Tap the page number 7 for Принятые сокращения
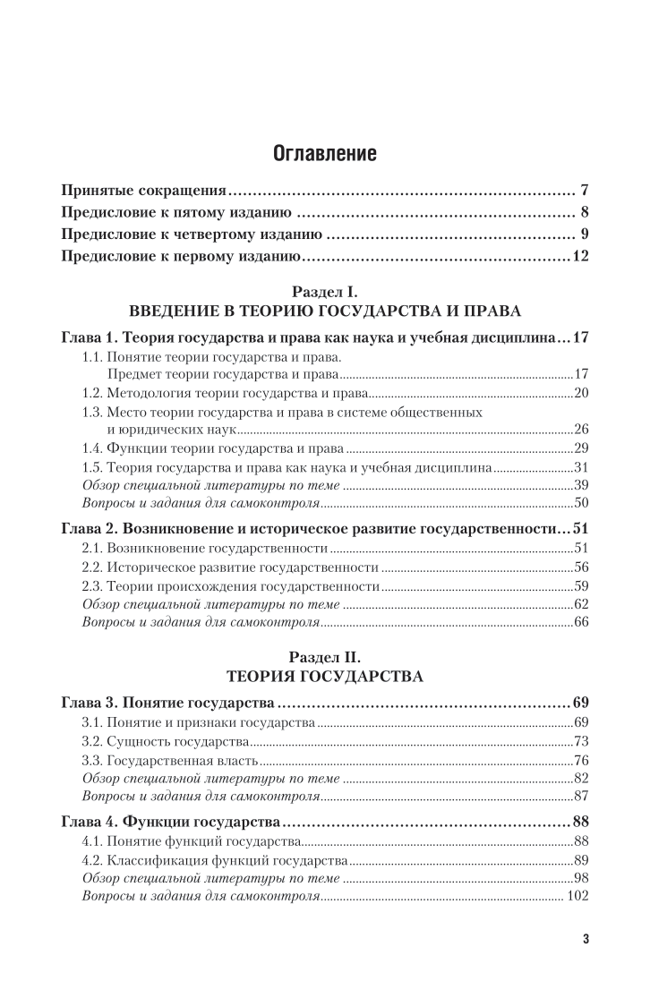coord(583,191)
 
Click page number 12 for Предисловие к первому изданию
coord(578,258)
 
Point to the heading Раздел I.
coord(324,292)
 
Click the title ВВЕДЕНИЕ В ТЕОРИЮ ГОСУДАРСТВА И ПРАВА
coord(324,311)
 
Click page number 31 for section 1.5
coord(580,466)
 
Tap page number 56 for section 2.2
coord(580,567)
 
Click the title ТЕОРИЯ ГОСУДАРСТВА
coord(324,676)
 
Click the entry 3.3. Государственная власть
coord(170,761)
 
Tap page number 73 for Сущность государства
coord(580,741)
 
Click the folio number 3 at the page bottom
coord(585,939)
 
